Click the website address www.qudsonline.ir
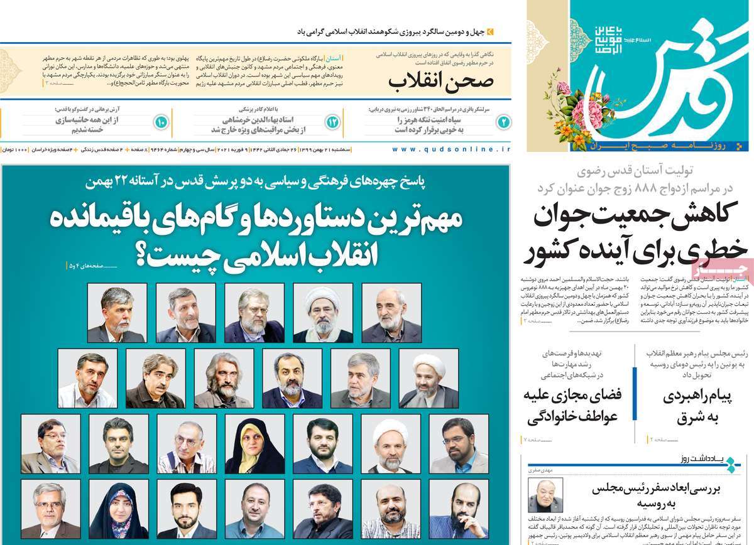pos(451,150)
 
